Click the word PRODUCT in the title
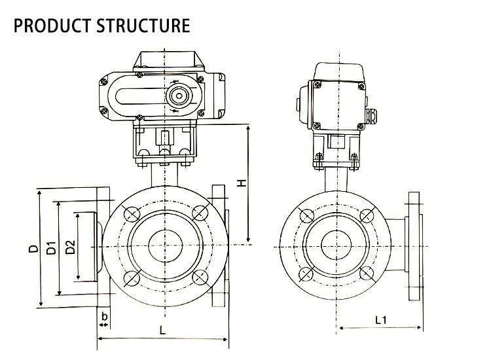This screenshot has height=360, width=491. [x=51, y=26]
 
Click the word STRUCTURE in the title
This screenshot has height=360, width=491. [x=143, y=26]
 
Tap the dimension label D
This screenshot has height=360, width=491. [x=31, y=249]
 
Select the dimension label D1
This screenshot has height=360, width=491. [x=51, y=249]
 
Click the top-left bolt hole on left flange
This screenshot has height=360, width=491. [x=130, y=213]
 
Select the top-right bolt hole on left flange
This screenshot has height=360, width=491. [x=198, y=212]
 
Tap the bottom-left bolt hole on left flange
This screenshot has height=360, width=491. [x=130, y=279]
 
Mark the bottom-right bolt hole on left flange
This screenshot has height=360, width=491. [x=198, y=279]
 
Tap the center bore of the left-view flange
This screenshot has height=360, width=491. [x=164, y=245]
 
